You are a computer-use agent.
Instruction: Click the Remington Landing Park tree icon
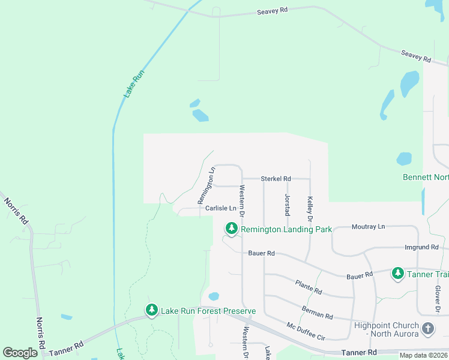coord(231,229)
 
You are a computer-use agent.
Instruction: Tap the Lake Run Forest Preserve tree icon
coord(152,310)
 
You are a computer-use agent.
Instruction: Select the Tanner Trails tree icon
coord(397,273)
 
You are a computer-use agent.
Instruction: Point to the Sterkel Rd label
coord(276,179)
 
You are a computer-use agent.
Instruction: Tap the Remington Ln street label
coord(206,185)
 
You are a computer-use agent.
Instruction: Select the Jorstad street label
coord(287,204)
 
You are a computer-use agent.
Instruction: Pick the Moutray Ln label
coord(368,226)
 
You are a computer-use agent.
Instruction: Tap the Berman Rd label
coord(318,311)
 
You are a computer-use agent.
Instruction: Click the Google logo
coord(20,352)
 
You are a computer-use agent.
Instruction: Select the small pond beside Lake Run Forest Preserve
coord(213,296)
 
